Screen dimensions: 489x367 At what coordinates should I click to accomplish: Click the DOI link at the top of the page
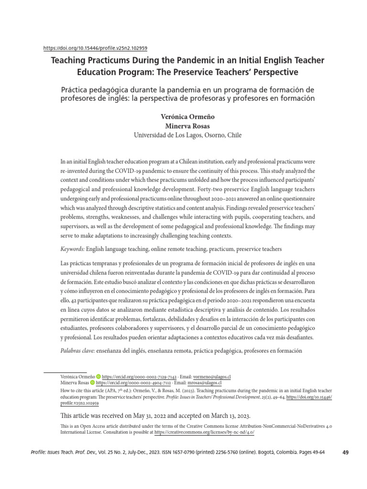tap(95, 48)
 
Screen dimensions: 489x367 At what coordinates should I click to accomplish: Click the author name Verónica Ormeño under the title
tap(183, 117)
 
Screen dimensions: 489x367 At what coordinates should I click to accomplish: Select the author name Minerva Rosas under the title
tap(183, 126)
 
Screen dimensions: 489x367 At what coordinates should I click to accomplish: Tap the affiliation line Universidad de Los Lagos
tap(183, 135)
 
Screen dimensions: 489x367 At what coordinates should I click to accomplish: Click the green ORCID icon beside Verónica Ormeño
tap(99, 376)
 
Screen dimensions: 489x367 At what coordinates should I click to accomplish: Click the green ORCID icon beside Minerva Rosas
tap(92, 383)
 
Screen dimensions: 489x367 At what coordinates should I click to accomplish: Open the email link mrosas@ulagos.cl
tap(205, 383)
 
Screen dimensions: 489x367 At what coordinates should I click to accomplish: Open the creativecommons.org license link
tap(205, 432)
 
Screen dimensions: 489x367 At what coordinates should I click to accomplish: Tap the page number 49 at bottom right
tap(347, 453)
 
